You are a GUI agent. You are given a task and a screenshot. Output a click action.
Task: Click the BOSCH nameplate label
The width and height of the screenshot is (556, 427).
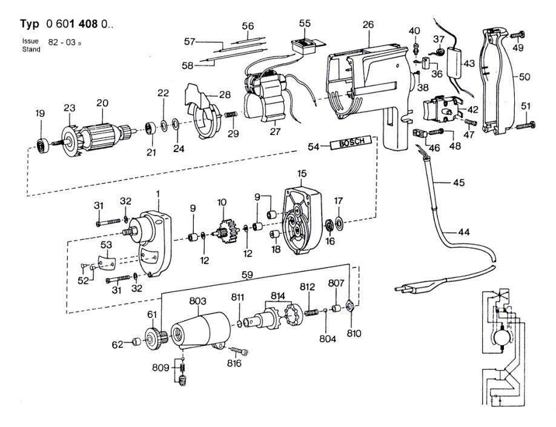[x=351, y=142]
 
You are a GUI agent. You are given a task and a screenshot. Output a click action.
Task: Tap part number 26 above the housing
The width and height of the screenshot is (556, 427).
[x=368, y=24]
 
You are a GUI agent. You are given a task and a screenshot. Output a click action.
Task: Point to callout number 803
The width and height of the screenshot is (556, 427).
[x=197, y=301]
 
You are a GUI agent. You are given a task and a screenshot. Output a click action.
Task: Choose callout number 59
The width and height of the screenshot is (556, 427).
[x=247, y=274]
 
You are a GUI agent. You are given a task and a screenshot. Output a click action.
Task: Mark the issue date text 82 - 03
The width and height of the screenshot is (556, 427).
[x=62, y=42]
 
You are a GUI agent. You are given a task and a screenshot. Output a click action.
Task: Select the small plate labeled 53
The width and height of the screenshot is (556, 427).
[x=107, y=262]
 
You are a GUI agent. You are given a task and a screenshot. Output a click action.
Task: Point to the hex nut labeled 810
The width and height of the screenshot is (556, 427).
[x=350, y=305]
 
